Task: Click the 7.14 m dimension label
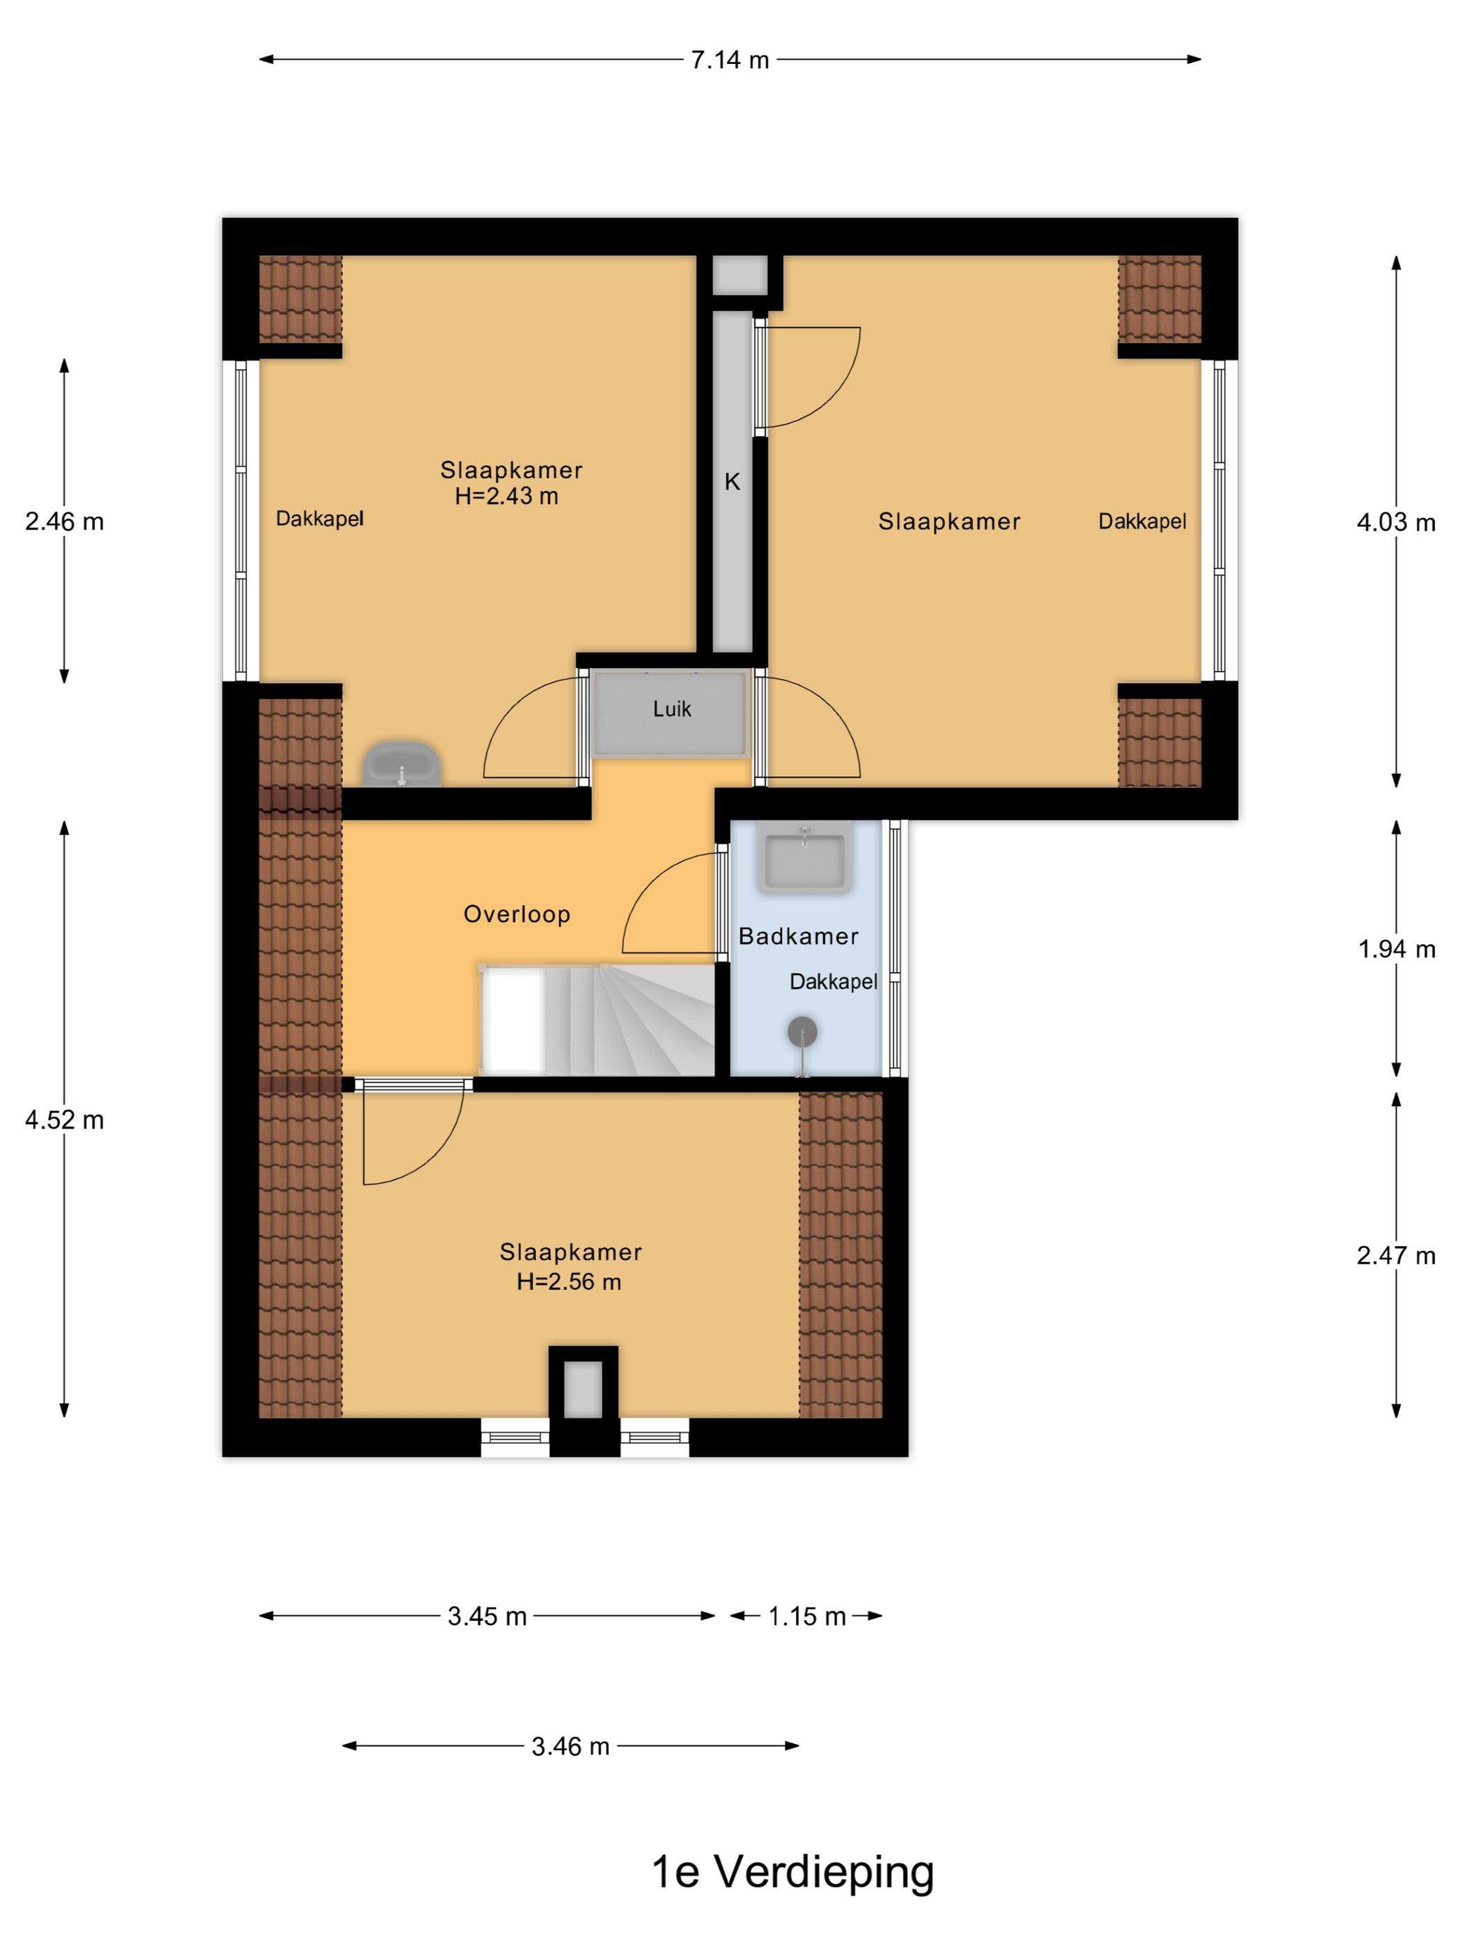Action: click(x=729, y=60)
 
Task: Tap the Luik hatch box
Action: click(x=672, y=713)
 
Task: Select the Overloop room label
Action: click(x=517, y=914)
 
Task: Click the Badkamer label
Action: click(x=798, y=936)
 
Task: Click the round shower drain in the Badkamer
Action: click(x=802, y=1031)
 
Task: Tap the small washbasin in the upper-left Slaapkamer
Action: click(x=402, y=764)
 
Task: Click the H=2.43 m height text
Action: click(x=506, y=496)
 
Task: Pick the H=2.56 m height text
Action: click(x=569, y=1282)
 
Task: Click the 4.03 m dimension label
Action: click(x=1396, y=523)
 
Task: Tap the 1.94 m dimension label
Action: click(x=1396, y=949)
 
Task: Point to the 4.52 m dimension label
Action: click(x=64, y=1120)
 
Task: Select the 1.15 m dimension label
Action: click(x=807, y=1616)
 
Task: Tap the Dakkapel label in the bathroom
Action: click(x=834, y=981)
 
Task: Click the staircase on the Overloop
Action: click(x=597, y=1019)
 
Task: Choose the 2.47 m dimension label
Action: click(x=1396, y=1255)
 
